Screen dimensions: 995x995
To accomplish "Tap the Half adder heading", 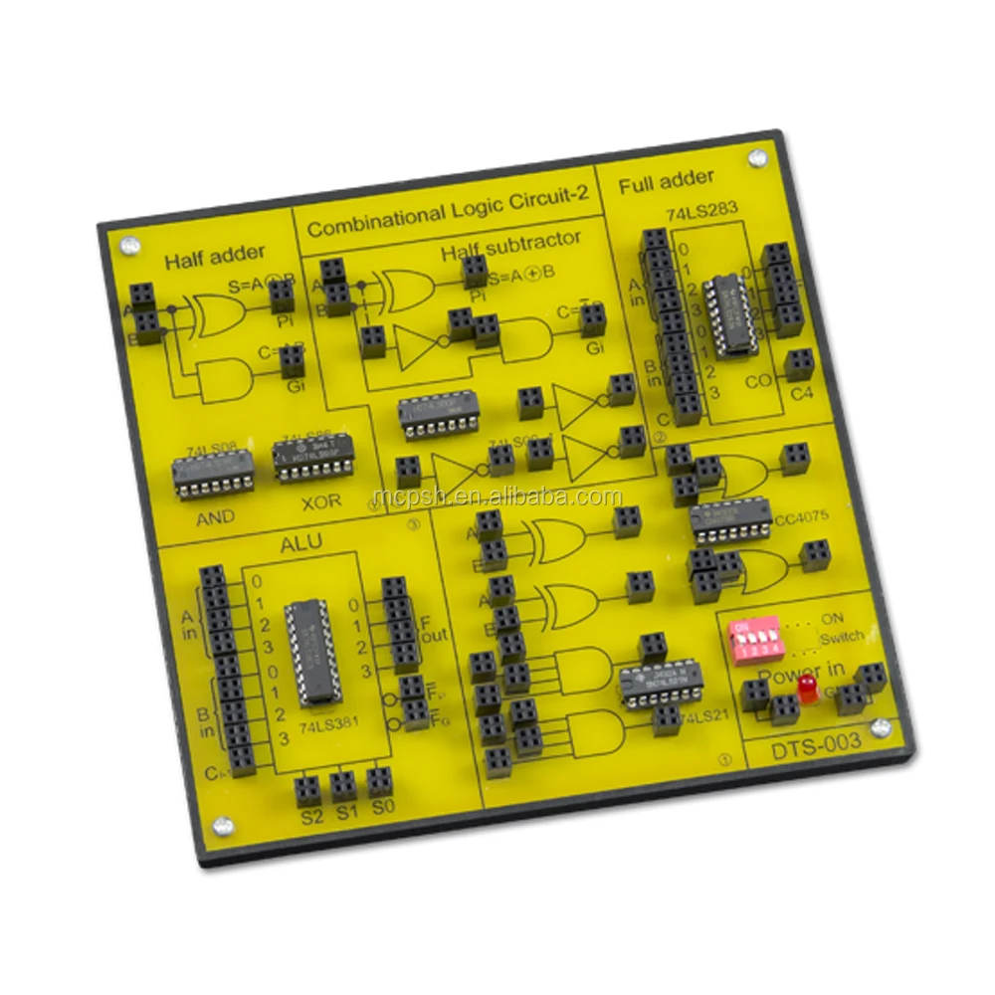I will tap(201, 260).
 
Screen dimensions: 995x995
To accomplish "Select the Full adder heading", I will tap(666, 181).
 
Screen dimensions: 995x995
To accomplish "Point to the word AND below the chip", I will tap(215, 516).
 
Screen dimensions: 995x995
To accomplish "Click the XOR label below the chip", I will tap(320, 500).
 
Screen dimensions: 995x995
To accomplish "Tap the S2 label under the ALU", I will tap(311, 816).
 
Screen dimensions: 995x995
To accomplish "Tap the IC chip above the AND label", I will tap(213, 472).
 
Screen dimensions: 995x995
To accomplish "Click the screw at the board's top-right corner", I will tap(757, 157).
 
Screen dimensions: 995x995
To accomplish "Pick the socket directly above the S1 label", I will tap(343, 786).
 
